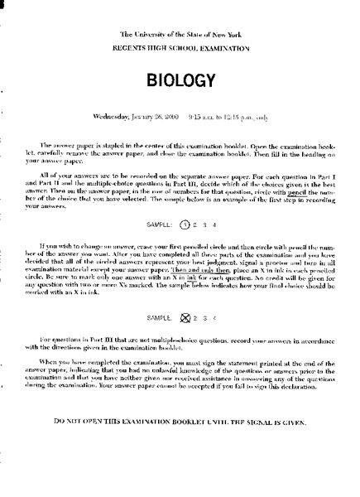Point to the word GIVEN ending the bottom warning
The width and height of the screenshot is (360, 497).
pyautogui.click(x=292, y=422)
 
